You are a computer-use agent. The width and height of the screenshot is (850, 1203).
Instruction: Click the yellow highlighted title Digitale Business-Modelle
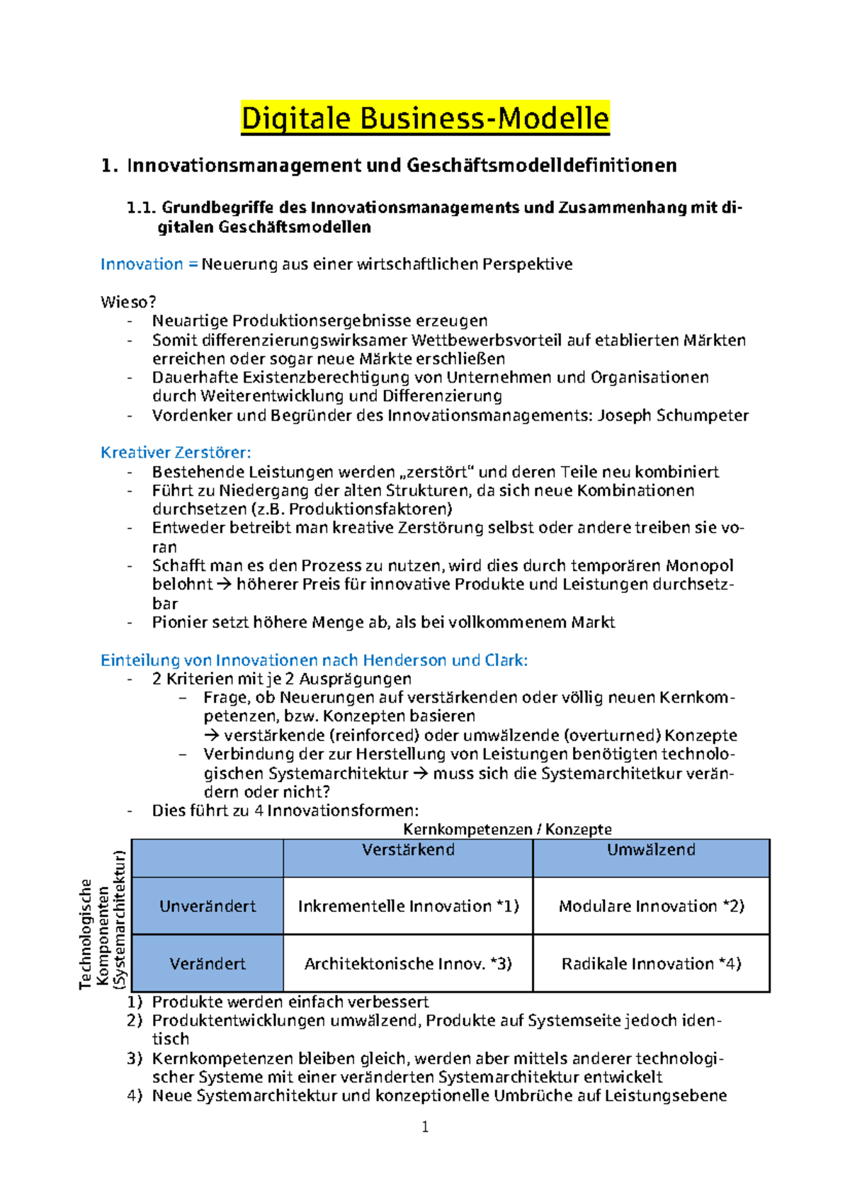[x=425, y=118]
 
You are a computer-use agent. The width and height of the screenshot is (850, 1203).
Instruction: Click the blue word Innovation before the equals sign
[x=142, y=264]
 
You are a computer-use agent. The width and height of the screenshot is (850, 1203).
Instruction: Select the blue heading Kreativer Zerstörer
[x=176, y=453]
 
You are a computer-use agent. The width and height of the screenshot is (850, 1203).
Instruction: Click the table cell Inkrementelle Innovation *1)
[x=408, y=906]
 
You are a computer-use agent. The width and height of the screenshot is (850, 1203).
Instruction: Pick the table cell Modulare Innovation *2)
[x=651, y=906]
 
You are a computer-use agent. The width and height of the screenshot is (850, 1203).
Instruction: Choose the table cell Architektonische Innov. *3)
[x=408, y=964]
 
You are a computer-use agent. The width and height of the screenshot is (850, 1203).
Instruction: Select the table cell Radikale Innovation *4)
[x=651, y=964]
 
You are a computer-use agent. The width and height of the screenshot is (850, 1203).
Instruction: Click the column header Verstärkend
[x=408, y=850]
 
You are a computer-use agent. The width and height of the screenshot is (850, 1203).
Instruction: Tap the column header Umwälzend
[x=651, y=850]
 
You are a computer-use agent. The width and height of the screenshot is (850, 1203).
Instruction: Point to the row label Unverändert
[x=208, y=906]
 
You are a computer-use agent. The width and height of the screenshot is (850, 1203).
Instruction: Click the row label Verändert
[x=208, y=964]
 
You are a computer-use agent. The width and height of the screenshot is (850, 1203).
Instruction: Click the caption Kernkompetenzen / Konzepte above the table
[x=507, y=830]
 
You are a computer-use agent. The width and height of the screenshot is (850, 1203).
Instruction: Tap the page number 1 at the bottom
[x=425, y=1127]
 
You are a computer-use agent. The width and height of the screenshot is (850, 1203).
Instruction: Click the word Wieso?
[x=128, y=303]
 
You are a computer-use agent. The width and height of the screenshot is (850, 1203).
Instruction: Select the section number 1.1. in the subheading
[x=141, y=208]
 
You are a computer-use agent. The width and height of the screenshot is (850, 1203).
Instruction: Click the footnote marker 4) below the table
[x=135, y=1096]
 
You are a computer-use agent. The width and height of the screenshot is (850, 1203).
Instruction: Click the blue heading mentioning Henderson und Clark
[x=314, y=660]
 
